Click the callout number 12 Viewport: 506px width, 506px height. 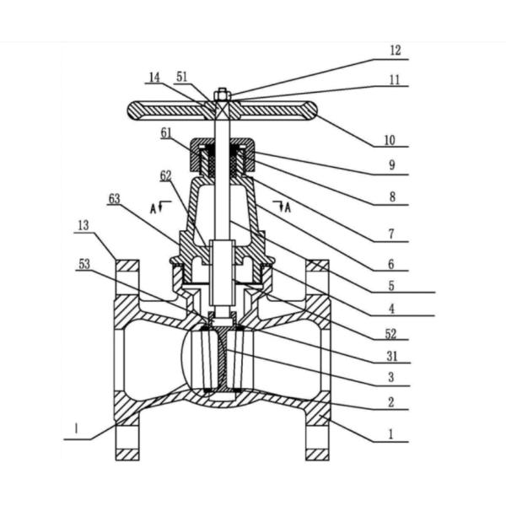396,51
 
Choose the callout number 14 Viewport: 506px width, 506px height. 153,78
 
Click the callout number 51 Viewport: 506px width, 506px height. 183,78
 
